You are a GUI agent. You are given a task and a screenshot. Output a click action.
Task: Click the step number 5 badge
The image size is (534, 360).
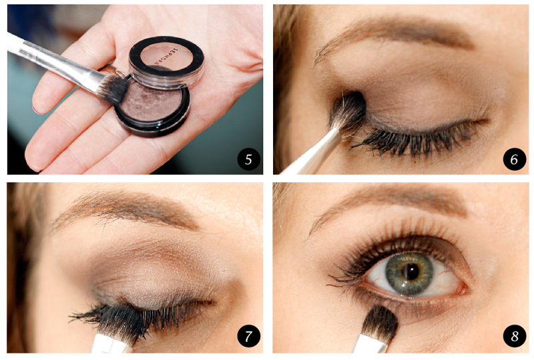click(248, 159)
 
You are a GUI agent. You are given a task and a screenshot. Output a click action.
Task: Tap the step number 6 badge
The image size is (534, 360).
click(514, 159)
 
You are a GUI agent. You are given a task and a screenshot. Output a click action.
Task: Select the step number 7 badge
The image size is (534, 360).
click(248, 336)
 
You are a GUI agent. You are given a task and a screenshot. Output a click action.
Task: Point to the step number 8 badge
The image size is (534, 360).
click(514, 336)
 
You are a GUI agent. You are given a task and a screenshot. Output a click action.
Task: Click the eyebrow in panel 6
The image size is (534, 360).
click(392, 36)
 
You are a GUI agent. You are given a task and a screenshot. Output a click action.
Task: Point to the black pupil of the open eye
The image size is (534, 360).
click(413, 272)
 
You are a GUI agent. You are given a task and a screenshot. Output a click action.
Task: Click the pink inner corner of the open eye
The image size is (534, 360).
click(463, 289)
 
